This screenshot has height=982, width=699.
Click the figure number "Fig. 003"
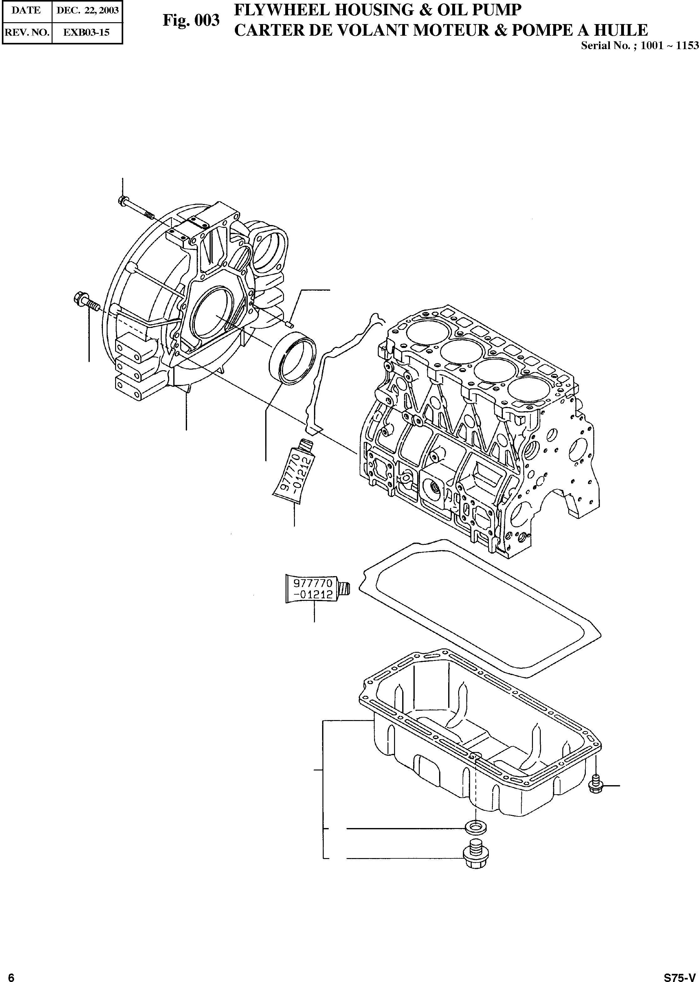pyautogui.click(x=191, y=20)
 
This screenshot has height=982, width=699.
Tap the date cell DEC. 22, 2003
pyautogui.click(x=87, y=11)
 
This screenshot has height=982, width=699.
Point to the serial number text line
pyautogui.click(x=639, y=46)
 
